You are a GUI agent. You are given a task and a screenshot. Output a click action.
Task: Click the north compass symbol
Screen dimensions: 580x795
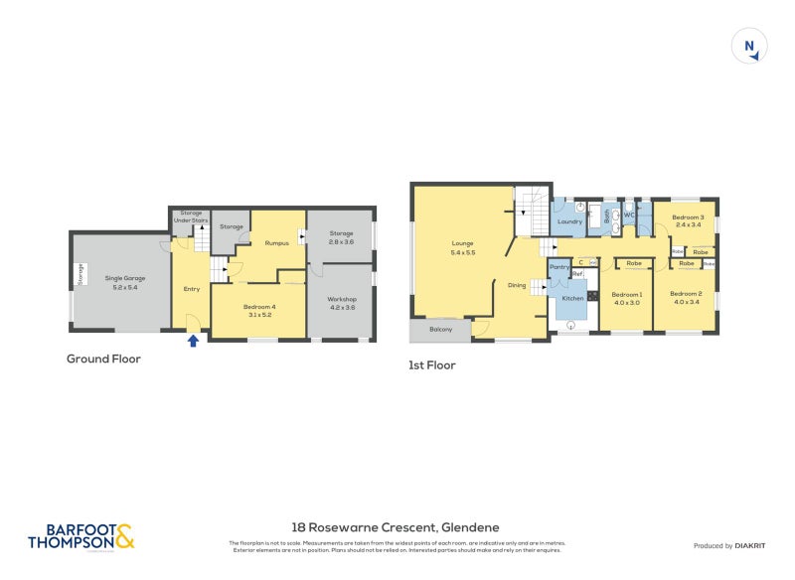click(750, 47)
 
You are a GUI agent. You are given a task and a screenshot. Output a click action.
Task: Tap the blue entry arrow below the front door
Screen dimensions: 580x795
click(193, 341)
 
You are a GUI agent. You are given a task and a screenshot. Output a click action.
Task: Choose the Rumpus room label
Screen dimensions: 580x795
click(276, 242)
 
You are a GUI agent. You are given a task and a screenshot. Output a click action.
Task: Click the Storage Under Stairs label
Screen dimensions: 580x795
click(189, 217)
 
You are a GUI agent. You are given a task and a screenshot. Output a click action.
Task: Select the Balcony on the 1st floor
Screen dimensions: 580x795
click(440, 329)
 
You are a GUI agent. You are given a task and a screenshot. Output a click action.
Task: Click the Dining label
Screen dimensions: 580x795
click(517, 285)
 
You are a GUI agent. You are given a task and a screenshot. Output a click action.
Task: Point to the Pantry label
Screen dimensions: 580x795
click(558, 266)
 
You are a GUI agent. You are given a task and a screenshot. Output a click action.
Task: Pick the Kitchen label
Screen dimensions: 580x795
click(573, 298)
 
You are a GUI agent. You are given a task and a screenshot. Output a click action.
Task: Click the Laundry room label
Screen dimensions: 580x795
click(569, 221)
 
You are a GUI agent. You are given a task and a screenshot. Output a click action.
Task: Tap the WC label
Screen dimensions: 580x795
click(629, 216)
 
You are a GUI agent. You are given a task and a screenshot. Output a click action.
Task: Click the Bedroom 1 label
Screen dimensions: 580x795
click(627, 297)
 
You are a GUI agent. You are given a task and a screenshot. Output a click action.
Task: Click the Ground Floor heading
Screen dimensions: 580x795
click(103, 359)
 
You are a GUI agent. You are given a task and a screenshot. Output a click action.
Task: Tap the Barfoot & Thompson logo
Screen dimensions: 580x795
click(80, 536)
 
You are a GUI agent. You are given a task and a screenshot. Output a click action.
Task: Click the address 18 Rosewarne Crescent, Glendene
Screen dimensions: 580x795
click(396, 527)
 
